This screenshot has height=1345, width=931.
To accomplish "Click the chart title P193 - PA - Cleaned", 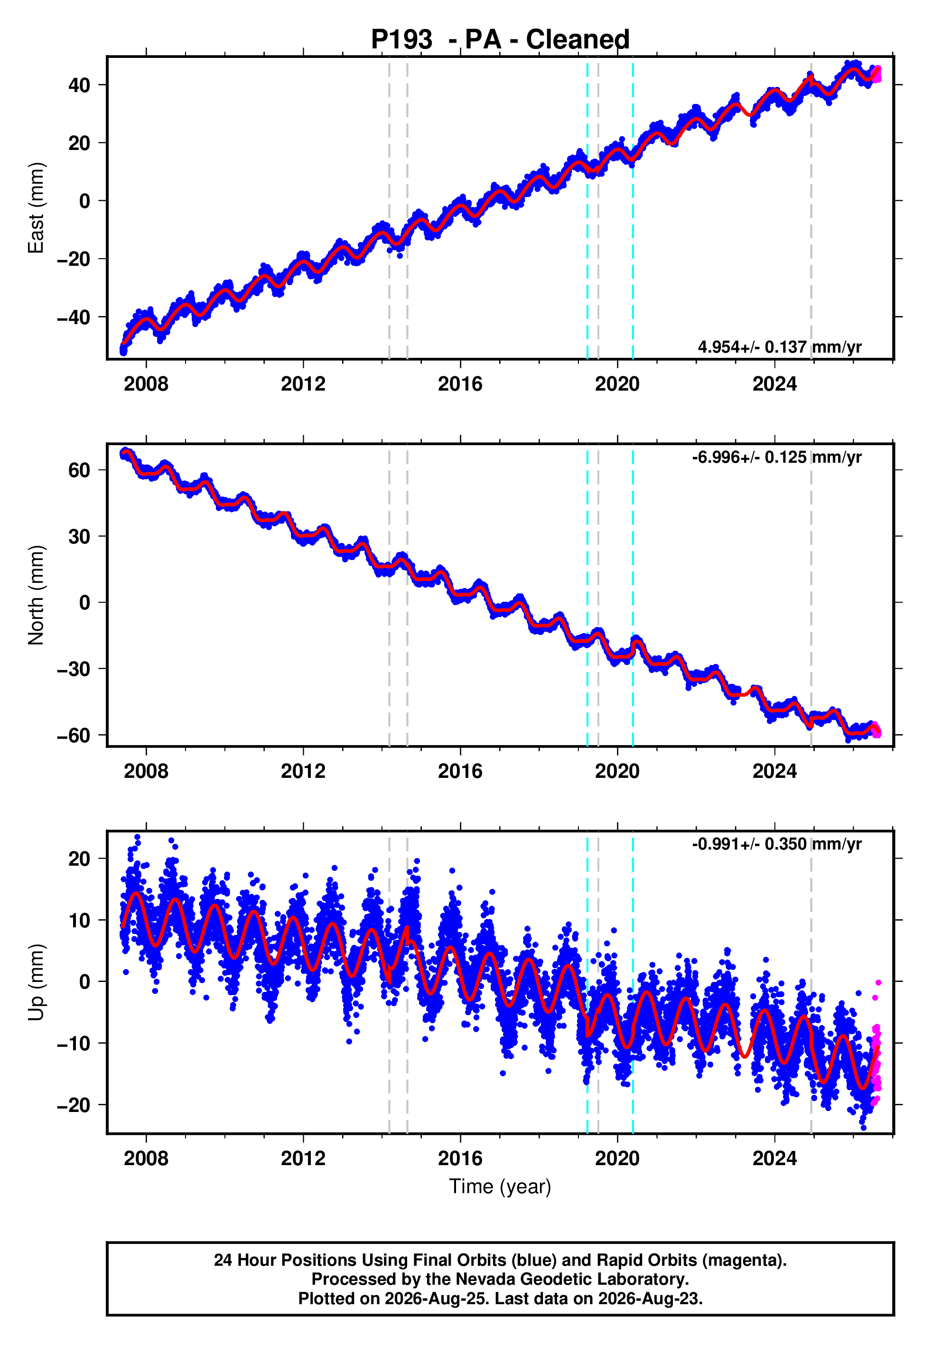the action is [x=500, y=40].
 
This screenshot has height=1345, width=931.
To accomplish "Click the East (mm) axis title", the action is [x=36, y=208].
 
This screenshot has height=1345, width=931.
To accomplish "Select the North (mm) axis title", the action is [x=36, y=595].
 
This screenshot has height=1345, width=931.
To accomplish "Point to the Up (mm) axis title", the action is [x=36, y=982].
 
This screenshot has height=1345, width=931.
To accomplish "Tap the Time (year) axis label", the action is [x=500, y=1187].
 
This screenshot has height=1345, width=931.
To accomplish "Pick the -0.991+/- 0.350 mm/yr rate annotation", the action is [x=776, y=844].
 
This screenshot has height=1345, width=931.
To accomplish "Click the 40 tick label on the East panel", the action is [x=79, y=85].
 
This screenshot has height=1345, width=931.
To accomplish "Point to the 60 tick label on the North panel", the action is [x=79, y=470].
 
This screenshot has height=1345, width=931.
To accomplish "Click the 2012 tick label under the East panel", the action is [x=303, y=384].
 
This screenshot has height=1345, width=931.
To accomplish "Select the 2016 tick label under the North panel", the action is [x=460, y=771].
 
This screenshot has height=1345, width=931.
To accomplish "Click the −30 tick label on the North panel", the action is [x=74, y=669].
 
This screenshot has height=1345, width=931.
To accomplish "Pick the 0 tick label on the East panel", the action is [x=85, y=201].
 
